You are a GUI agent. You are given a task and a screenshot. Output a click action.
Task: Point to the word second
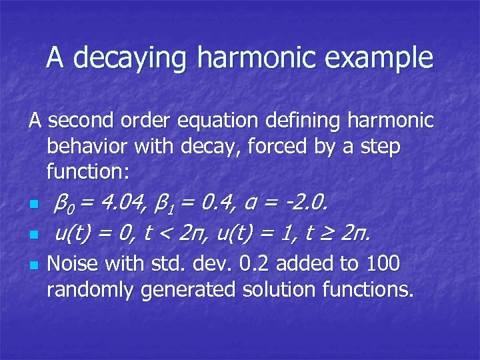click(x=85, y=121)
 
